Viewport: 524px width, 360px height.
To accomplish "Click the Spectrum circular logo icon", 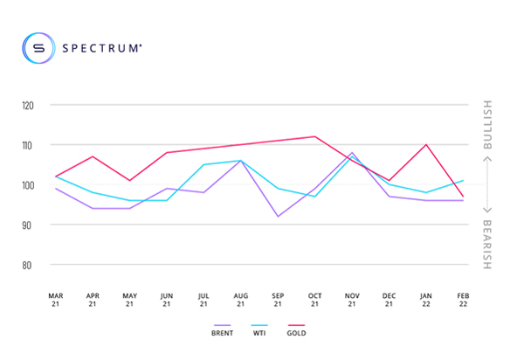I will point(38,48).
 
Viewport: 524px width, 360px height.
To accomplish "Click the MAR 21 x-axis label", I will point(55,299).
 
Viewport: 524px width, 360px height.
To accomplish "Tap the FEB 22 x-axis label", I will point(463,299).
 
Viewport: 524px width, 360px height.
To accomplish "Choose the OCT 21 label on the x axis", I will point(315,299).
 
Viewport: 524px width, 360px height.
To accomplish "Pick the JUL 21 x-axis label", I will point(203,299).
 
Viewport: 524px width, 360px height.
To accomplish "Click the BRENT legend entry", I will point(221,333).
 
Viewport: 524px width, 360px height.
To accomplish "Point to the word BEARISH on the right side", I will point(487,243).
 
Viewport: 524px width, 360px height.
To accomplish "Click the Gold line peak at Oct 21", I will point(314,136).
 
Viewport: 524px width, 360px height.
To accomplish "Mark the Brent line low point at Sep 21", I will point(278,216).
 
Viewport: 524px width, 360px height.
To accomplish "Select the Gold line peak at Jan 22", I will point(425,145).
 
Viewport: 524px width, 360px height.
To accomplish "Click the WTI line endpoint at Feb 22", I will point(463,181).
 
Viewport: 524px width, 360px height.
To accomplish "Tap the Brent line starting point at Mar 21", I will point(55,189).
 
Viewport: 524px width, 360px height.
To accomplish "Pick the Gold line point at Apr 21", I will point(93,156).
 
